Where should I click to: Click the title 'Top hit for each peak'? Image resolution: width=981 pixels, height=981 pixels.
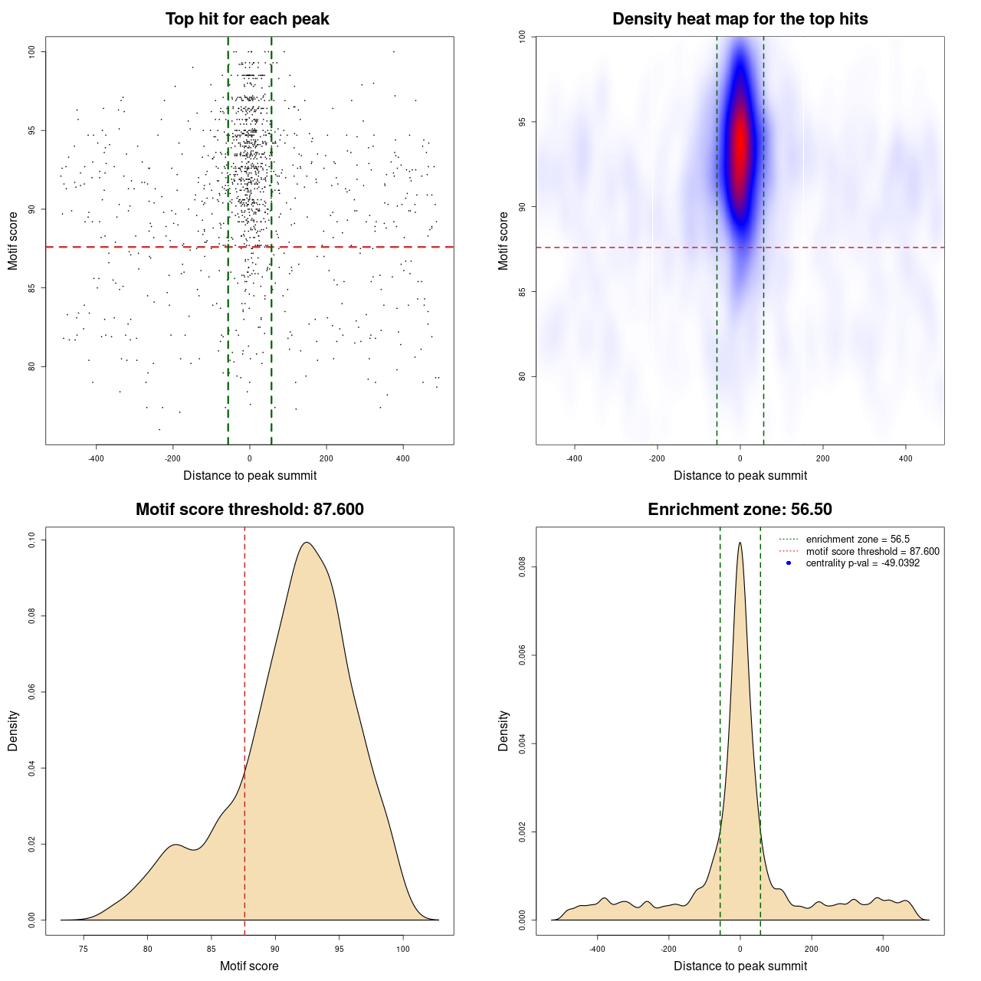247,19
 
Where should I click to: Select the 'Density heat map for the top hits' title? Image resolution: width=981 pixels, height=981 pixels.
740,19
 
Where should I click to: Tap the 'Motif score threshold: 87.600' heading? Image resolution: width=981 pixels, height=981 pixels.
249,510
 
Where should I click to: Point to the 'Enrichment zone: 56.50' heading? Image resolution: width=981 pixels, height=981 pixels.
740,510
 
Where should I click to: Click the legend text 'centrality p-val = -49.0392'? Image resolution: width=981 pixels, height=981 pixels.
862,563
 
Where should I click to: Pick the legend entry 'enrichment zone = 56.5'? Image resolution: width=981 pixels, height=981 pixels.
858,540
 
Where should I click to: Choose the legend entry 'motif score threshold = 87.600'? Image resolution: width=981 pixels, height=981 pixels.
872,551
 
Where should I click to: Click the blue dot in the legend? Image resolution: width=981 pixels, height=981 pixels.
789,563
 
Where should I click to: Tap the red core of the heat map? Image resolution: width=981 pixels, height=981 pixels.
740,146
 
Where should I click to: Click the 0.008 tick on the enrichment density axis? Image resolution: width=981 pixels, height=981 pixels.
522,567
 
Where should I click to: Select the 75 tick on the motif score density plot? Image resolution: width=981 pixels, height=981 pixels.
84,949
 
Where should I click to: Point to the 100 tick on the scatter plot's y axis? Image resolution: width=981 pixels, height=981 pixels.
31,51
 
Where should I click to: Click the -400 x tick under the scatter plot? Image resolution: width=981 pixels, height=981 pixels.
96,458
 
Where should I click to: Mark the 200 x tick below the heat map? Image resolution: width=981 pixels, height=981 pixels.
822,458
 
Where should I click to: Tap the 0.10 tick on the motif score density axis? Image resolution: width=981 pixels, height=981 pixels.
31,540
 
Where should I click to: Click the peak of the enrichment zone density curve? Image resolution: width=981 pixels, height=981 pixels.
740,543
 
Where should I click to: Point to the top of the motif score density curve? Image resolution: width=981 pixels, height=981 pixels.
307,543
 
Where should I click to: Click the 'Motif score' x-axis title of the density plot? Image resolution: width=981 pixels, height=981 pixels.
249,966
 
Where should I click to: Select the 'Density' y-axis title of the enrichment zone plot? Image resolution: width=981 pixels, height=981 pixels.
504,730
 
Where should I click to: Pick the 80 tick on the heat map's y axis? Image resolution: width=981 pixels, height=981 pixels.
522,376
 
